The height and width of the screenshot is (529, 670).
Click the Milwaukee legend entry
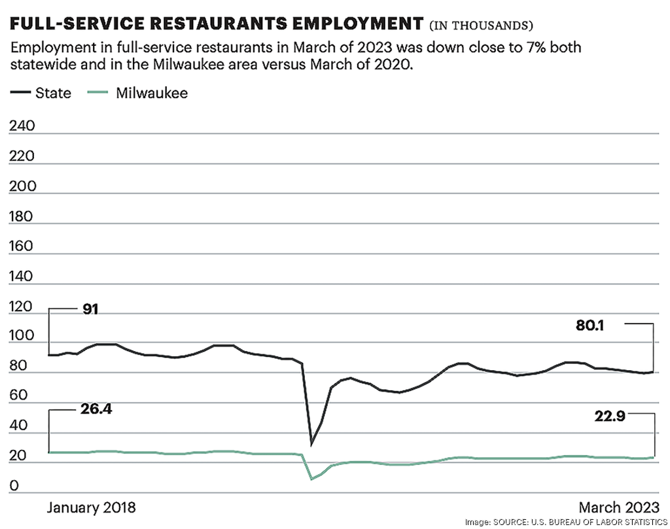coord(137,93)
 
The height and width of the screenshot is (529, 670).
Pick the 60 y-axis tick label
coord(19,396)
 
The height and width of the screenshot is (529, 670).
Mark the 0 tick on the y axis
coord(15,486)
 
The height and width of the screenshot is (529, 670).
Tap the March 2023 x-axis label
coord(618,508)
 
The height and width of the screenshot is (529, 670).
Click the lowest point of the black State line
coord(311,445)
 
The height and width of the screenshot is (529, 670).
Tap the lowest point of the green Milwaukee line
coord(311,479)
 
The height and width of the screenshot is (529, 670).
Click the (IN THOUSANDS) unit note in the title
coord(481,26)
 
